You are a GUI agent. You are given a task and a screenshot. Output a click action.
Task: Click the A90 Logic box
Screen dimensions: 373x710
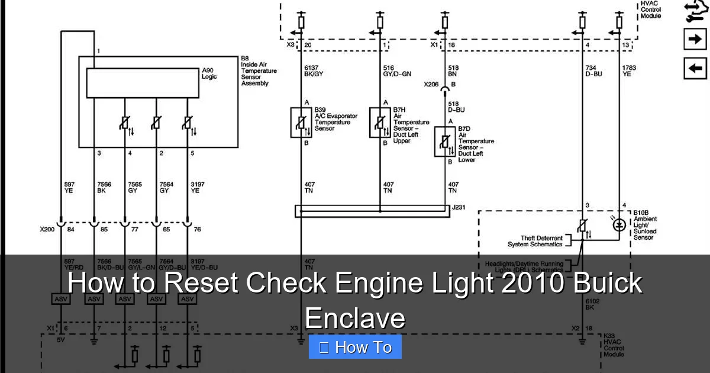pyautogui.click(x=143, y=83)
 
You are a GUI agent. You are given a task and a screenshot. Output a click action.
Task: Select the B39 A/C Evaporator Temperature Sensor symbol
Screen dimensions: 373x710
pyautogui.click(x=301, y=123)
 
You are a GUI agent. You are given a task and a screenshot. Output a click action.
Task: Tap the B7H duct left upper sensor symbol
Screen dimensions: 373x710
pyautogui.click(x=380, y=123)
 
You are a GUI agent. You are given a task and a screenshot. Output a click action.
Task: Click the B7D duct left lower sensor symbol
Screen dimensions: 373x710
pyautogui.click(x=444, y=142)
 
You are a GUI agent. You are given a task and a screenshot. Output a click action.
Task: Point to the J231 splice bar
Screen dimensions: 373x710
pyautogui.click(x=373, y=211)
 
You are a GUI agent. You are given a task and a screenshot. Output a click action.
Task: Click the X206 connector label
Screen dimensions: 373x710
pyautogui.click(x=431, y=85)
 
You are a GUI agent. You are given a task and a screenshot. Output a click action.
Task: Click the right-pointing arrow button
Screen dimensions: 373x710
pyautogui.click(x=695, y=39)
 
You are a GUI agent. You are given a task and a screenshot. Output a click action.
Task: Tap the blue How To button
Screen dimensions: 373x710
pyautogui.click(x=355, y=347)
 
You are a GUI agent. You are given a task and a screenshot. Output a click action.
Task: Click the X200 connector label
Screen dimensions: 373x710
pyautogui.click(x=47, y=229)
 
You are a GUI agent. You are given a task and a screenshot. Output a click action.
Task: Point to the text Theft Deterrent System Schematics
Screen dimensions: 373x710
pyautogui.click(x=535, y=241)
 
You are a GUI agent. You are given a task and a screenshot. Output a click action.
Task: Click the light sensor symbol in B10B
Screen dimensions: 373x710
pyautogui.click(x=619, y=224)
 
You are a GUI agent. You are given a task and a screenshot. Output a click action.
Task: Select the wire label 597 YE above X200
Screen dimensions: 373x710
pyautogui.click(x=69, y=187)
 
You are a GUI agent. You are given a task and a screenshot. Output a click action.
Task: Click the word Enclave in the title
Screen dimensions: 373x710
pyautogui.click(x=355, y=318)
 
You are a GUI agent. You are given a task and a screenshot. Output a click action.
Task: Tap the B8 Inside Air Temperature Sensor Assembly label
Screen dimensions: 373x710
pyautogui.click(x=259, y=71)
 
